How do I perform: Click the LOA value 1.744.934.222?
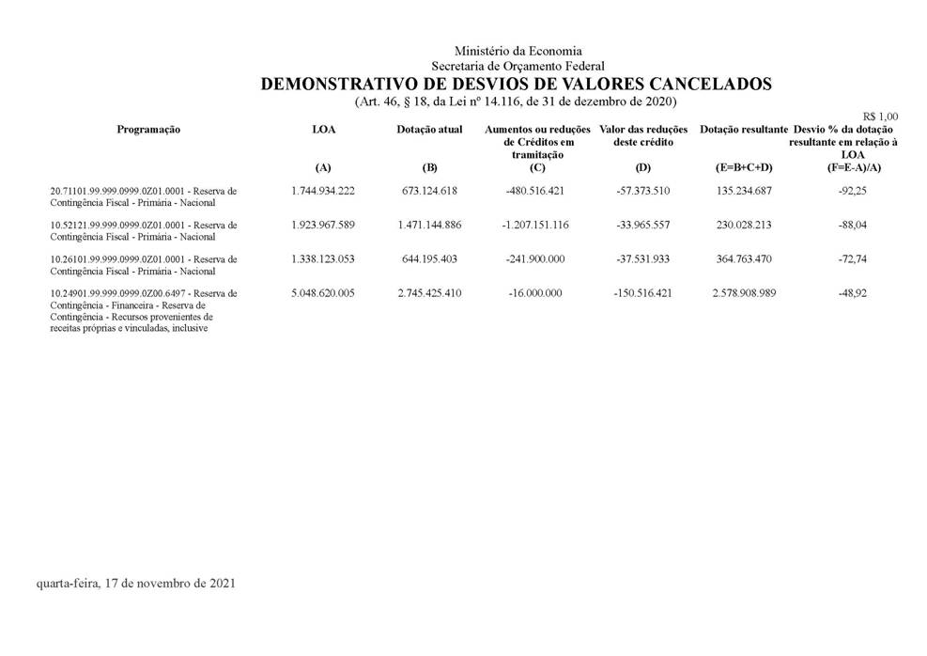pos(323,191)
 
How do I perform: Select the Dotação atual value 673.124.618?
pos(429,191)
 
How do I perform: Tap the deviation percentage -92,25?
pos(853,191)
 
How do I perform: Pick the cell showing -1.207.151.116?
pos(535,226)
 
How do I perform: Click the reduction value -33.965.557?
pos(641,226)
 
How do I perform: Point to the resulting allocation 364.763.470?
pos(743,259)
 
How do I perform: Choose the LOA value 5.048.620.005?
pos(323,293)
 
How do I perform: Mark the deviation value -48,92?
pos(853,293)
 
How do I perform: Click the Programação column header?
pos(148,130)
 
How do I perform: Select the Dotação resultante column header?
pos(743,130)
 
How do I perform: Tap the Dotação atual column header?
pos(429,130)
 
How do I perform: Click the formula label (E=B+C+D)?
pos(743,167)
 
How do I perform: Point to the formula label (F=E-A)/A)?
pos(853,167)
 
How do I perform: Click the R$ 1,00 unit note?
pos(879,117)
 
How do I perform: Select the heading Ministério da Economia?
pos(518,51)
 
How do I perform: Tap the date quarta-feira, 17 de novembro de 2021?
pos(135,584)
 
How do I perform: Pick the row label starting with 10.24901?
pos(144,293)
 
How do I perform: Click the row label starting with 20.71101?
pos(144,191)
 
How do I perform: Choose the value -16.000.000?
pos(535,293)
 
